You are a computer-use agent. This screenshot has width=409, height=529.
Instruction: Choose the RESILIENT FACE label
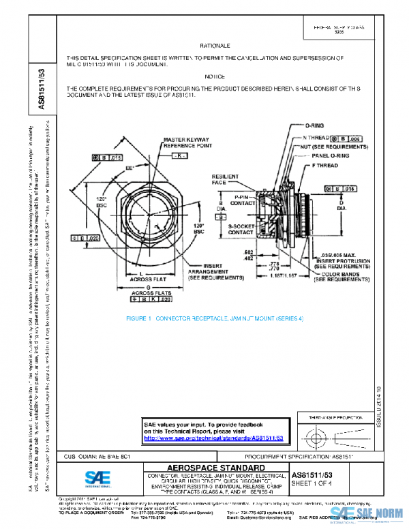tap(225, 179)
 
